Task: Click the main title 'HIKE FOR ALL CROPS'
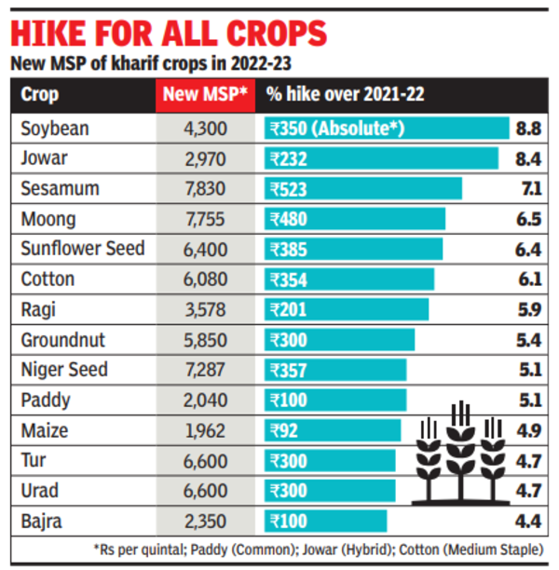(168, 34)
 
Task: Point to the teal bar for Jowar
(382, 159)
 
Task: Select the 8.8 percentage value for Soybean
(527, 129)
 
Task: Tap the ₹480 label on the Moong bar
(290, 220)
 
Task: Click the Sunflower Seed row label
(83, 250)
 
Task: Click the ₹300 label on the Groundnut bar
(290, 340)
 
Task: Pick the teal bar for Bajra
(326, 521)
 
